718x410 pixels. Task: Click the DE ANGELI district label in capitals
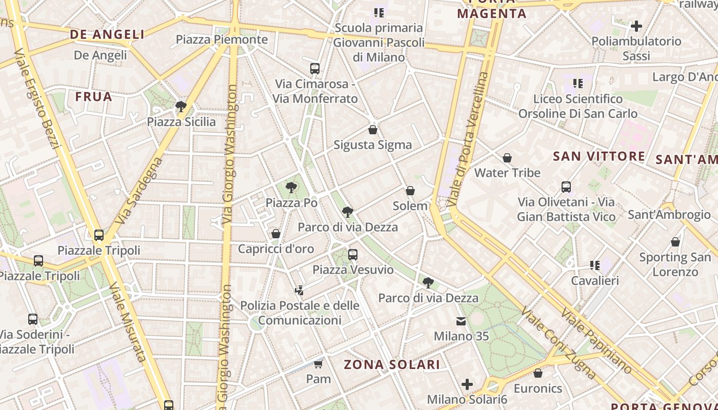click(x=107, y=34)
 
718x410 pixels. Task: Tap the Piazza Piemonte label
click(x=222, y=39)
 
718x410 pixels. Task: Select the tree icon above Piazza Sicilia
click(x=181, y=107)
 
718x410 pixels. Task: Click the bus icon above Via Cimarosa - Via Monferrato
click(x=315, y=68)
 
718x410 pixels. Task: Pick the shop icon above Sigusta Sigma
click(x=373, y=130)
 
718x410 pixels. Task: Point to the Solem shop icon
click(x=410, y=191)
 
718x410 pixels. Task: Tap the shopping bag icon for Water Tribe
click(x=507, y=158)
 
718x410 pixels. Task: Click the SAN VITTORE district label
click(x=599, y=156)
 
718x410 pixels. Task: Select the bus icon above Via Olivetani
click(x=566, y=187)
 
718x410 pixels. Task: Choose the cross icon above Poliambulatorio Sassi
click(x=636, y=26)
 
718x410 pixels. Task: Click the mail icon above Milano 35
click(x=461, y=321)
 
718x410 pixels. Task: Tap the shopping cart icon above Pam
click(x=318, y=364)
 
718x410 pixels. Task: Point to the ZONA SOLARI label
click(x=392, y=364)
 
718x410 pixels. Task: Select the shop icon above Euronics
click(x=538, y=373)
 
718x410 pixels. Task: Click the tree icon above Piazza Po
click(x=291, y=188)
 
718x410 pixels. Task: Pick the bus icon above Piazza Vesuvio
click(x=353, y=254)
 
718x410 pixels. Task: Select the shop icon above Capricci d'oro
click(x=276, y=234)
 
